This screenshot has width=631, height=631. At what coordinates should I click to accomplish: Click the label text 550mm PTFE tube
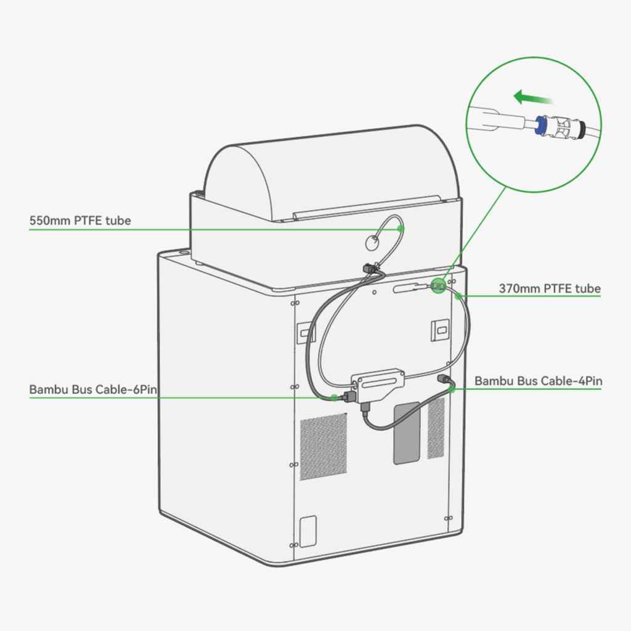(80, 221)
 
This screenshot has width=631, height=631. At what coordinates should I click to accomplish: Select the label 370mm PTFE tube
(550, 288)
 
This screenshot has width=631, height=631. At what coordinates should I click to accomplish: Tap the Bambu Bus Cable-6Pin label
(93, 389)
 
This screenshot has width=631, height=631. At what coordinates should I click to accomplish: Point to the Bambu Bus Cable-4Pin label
(538, 381)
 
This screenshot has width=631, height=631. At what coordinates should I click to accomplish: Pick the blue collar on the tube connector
(540, 124)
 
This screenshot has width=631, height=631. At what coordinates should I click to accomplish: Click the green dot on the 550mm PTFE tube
(401, 229)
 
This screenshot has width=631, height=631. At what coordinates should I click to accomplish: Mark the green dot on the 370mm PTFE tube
(458, 296)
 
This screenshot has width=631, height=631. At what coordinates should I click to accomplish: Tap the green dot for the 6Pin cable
(334, 397)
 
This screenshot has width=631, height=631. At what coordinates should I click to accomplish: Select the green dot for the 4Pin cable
(452, 389)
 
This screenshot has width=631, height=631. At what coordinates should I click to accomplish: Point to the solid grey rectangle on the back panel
(407, 433)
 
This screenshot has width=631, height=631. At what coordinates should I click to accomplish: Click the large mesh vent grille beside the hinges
(324, 446)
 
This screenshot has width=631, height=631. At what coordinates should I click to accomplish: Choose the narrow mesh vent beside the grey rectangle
(436, 428)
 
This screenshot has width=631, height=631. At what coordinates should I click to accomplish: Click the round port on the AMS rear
(372, 243)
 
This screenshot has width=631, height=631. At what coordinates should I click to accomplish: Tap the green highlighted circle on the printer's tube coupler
(438, 286)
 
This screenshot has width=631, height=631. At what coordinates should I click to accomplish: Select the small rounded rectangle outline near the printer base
(308, 531)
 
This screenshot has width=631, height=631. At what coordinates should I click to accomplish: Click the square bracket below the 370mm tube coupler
(440, 330)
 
